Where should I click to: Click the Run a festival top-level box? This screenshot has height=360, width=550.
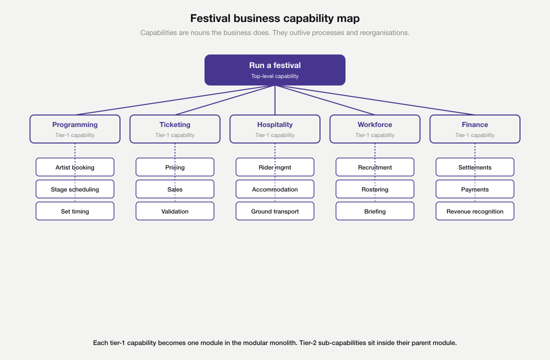coord(274,70)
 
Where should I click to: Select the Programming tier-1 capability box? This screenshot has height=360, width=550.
coord(75,129)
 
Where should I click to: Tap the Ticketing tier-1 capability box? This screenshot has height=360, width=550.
coord(175,129)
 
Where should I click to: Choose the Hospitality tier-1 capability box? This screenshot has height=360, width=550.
coord(275,129)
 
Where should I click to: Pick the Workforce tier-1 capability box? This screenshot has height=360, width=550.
coord(375,129)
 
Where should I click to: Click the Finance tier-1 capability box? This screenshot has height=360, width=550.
coord(475,129)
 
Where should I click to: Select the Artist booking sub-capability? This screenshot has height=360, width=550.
coord(75,167)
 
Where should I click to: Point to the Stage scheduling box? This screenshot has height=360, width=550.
coord(75,189)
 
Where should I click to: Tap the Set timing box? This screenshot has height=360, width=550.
coord(75,211)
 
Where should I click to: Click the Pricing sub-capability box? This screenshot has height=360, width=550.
coord(175,167)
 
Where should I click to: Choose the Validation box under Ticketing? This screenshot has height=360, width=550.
coord(175,211)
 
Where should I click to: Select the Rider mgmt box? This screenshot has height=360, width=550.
coord(275,167)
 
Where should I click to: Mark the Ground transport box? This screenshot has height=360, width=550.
coord(275,211)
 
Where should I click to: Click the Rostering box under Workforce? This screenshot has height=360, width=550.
coord(375,189)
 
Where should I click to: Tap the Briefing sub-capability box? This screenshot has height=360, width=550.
coord(375,211)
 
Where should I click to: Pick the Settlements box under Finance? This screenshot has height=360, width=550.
coord(475,167)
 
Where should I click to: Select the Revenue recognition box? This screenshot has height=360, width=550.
coord(475,211)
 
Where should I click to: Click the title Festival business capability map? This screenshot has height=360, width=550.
coord(274,18)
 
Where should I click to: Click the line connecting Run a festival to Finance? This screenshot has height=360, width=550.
coord(375,100)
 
